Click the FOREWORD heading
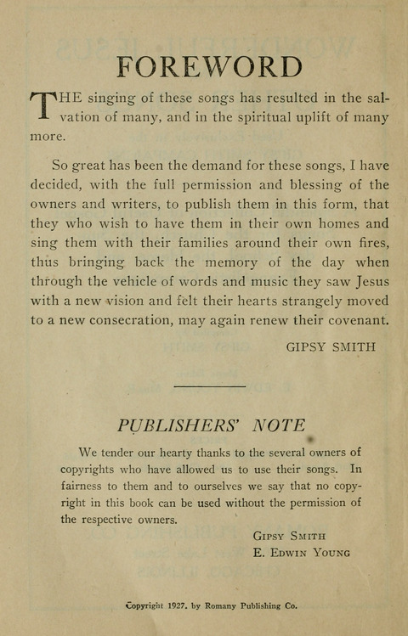pyautogui.click(x=208, y=67)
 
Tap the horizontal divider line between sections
pyautogui.click(x=208, y=387)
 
